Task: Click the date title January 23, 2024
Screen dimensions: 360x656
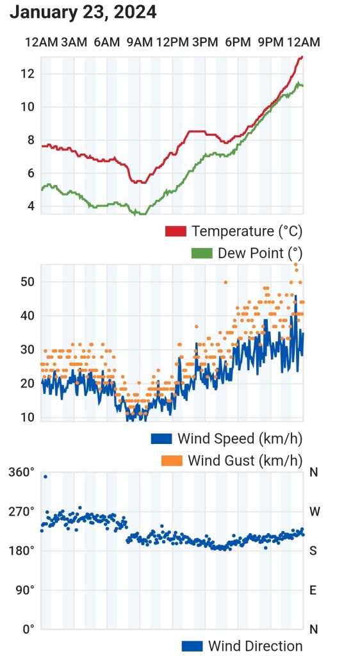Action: tap(83, 12)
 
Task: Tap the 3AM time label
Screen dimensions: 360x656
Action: tap(74, 43)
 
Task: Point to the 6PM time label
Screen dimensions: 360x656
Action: tap(238, 43)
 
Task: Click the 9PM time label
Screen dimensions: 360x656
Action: tap(270, 43)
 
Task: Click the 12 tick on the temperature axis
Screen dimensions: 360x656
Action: tap(26, 74)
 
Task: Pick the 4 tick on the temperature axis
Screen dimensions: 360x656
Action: tap(29, 206)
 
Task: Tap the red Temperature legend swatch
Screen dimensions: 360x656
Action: tap(176, 231)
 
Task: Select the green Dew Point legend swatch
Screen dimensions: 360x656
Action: tap(202, 253)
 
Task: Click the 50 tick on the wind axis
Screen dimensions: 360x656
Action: tap(26, 282)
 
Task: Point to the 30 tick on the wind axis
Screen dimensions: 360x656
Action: tap(26, 350)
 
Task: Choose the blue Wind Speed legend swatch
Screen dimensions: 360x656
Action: tap(161, 438)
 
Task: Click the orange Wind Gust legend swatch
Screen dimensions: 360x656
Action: tap(172, 461)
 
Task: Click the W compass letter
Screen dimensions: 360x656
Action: tap(314, 512)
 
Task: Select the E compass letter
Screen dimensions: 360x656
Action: tap(313, 590)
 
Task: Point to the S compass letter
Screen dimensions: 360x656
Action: tap(313, 551)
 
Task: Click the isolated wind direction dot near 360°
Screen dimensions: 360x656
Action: tap(45, 477)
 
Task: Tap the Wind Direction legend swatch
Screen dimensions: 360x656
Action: tap(192, 646)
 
